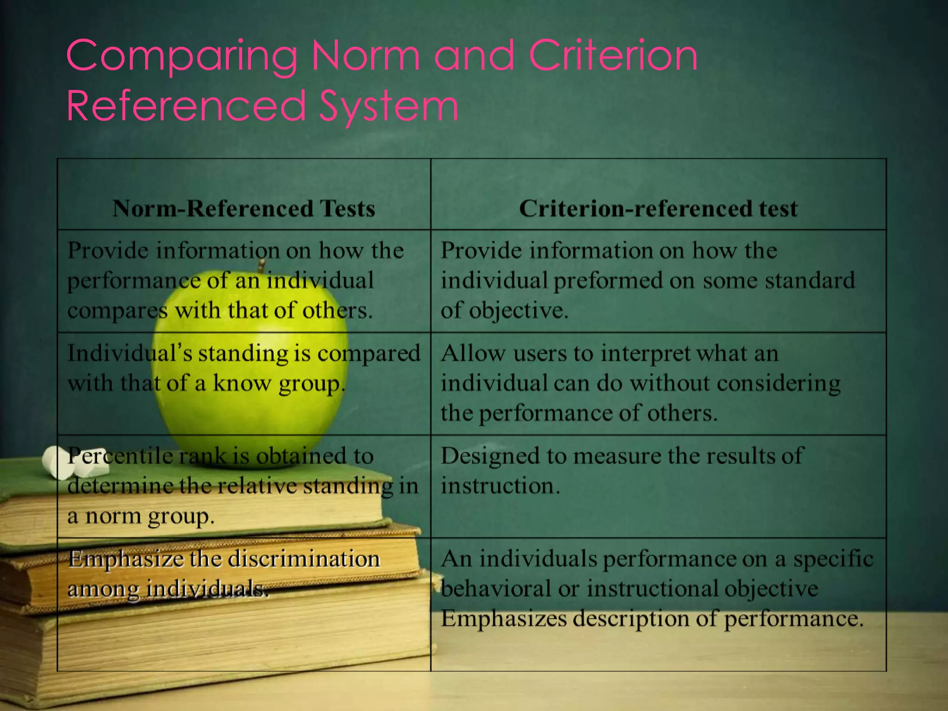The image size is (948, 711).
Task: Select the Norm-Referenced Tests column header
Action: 243,208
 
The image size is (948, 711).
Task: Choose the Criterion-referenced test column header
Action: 658,208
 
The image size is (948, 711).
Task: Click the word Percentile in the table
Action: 120,456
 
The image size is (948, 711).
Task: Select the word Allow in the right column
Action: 473,354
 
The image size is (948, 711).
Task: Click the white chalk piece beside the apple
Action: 74,463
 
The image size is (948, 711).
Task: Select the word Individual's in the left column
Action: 129,354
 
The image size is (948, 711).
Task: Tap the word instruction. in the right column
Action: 500,486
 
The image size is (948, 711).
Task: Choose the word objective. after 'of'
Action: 518,311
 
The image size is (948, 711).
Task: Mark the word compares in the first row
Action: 118,311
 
